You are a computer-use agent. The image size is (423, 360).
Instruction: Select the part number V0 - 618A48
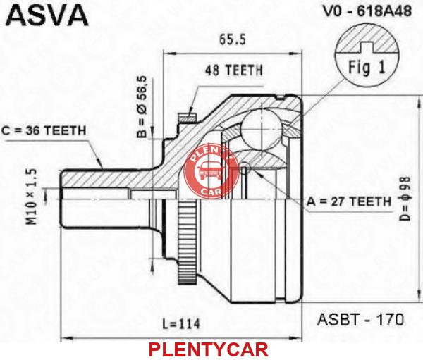[367, 11]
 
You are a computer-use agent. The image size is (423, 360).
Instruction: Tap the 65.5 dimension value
[233, 39]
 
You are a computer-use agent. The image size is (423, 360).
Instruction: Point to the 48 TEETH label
[233, 70]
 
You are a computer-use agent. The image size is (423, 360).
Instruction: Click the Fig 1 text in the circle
[367, 67]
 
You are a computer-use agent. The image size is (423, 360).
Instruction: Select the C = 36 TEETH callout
[44, 131]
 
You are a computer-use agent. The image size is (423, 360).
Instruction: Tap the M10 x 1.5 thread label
[31, 197]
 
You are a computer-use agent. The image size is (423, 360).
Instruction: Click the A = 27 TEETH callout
[348, 201]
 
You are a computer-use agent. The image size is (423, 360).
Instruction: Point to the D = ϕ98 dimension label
[405, 199]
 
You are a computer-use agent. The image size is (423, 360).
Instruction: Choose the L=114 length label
[181, 324]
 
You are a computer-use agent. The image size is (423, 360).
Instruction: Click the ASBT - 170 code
[360, 320]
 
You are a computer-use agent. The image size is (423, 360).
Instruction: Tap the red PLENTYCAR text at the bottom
[208, 349]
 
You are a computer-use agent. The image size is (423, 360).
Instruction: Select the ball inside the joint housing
[262, 128]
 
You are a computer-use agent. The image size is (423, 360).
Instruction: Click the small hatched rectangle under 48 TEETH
[188, 118]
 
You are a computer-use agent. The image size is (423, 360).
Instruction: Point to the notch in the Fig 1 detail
[367, 47]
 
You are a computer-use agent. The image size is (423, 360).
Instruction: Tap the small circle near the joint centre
[245, 168]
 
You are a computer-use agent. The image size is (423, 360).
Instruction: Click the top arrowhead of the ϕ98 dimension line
[419, 101]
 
